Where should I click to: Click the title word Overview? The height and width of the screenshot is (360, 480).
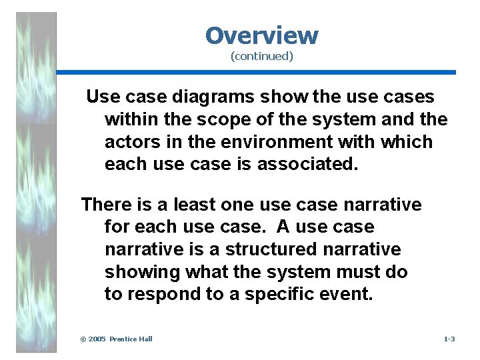(261, 35)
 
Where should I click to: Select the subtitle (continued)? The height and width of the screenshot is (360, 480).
(261, 57)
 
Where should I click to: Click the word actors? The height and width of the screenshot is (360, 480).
(129, 142)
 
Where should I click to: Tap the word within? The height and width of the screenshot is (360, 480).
(129, 119)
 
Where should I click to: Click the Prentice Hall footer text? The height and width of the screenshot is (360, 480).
(131, 339)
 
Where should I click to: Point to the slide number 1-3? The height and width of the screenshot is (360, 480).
(449, 339)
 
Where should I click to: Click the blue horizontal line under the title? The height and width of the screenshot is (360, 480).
(256, 72)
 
